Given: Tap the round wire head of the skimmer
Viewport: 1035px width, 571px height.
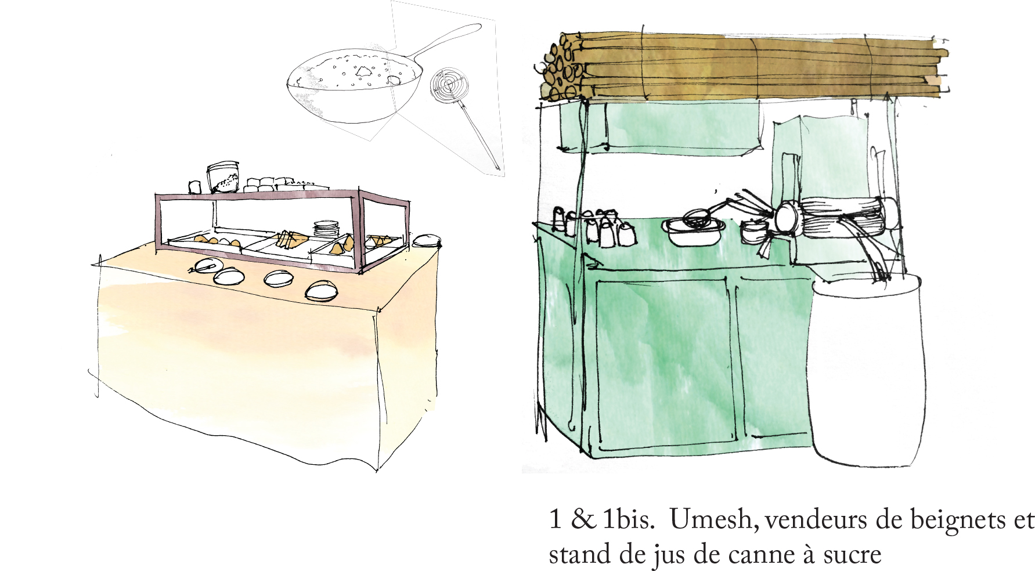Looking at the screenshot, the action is (x=449, y=86).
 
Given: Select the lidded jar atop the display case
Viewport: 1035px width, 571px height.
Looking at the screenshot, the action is (x=223, y=177).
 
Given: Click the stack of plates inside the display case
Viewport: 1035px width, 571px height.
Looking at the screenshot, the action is (x=326, y=229).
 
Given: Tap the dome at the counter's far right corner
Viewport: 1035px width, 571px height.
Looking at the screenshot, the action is (x=427, y=240).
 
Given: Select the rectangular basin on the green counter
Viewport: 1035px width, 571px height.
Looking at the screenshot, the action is (x=694, y=232).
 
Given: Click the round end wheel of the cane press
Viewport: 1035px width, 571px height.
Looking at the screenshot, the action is (x=787, y=216).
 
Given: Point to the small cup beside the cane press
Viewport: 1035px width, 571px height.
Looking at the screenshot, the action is (x=753, y=233).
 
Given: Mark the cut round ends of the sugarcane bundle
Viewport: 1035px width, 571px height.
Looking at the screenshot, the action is (x=561, y=68).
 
